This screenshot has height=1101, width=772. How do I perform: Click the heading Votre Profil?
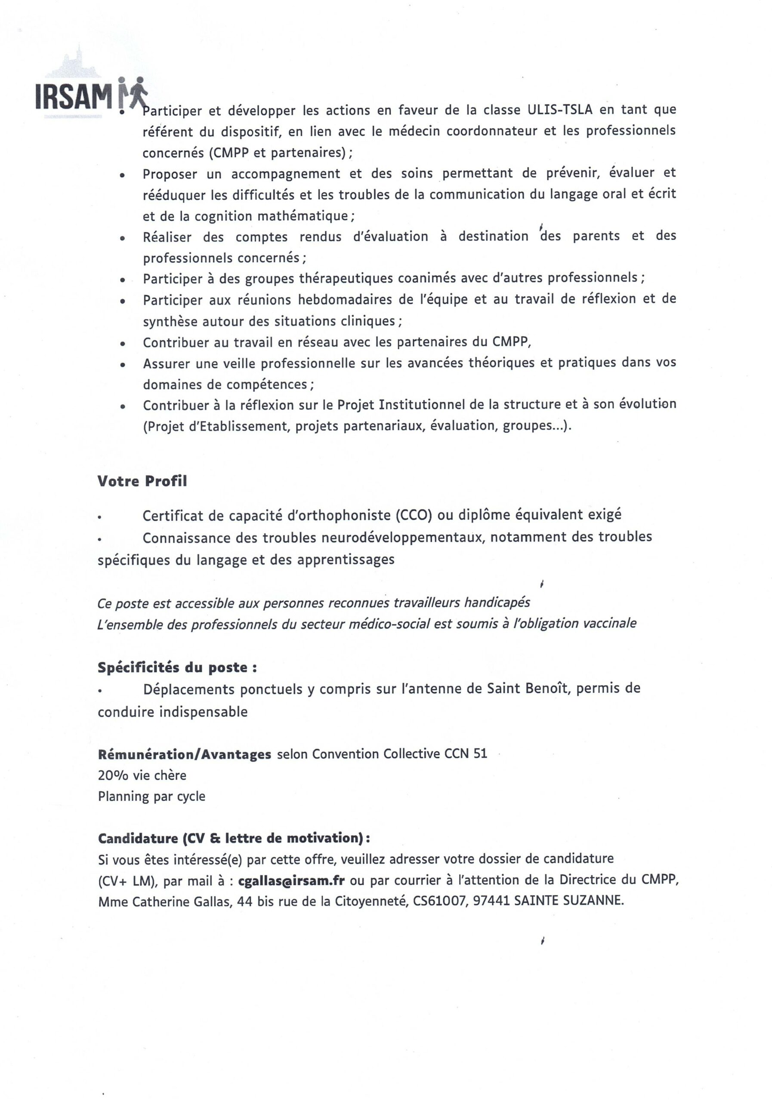pyautogui.click(x=142, y=481)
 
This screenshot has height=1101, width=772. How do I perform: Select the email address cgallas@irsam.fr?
pyautogui.click(x=291, y=880)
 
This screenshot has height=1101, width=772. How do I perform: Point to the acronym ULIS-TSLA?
pyautogui.click(x=560, y=110)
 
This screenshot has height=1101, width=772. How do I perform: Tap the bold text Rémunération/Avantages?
pyautogui.click(x=184, y=754)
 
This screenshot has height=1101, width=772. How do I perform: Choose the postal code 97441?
pyautogui.click(x=491, y=901)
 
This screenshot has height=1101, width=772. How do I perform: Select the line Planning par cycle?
pyautogui.click(x=151, y=797)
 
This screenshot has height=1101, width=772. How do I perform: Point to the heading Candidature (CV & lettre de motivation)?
pyautogui.click(x=234, y=838)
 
